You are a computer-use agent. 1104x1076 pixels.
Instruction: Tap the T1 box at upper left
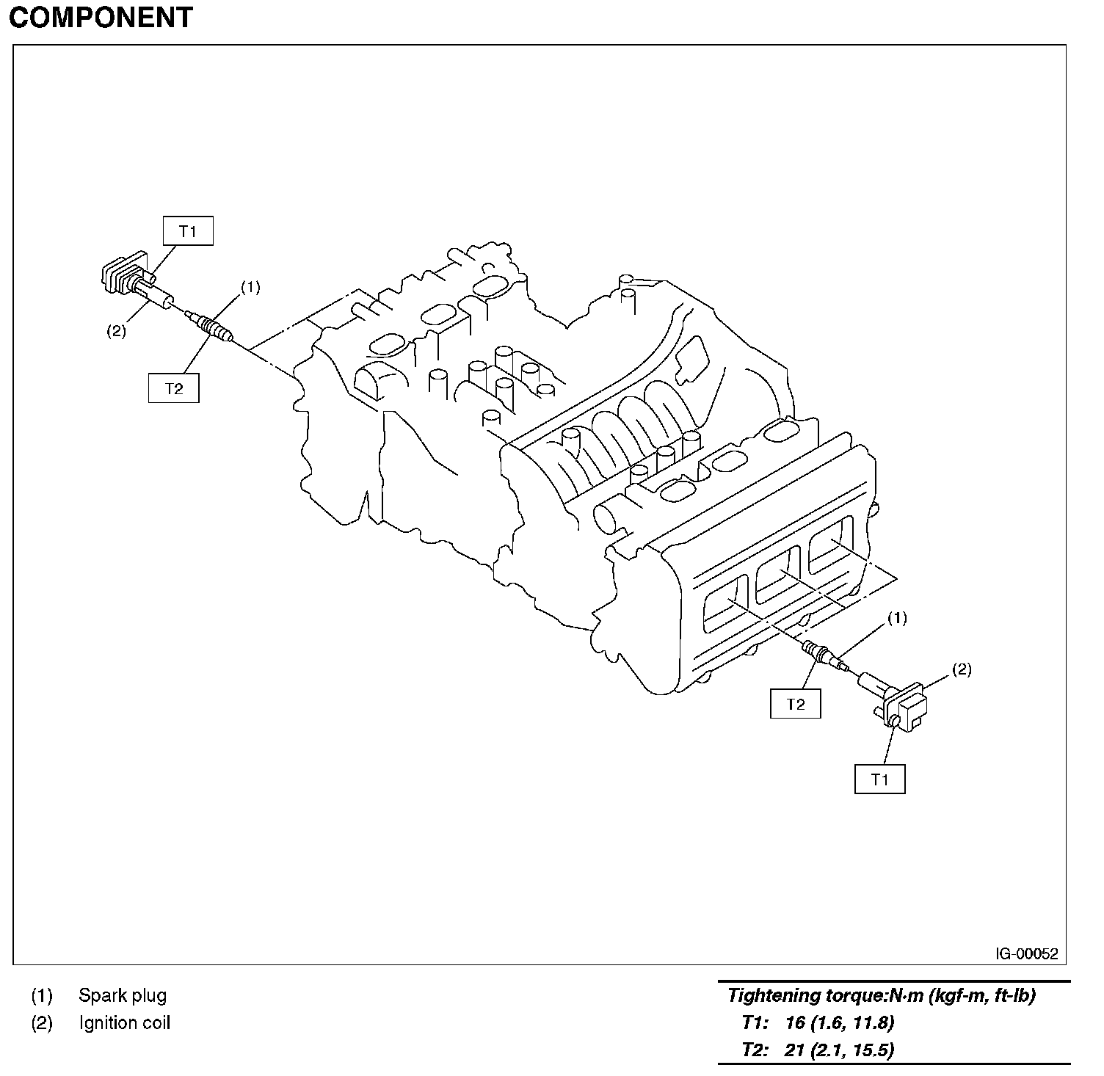pyautogui.click(x=188, y=232)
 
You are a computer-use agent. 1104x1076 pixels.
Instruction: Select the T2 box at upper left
pyautogui.click(x=174, y=388)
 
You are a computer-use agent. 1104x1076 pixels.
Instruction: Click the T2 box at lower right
pyautogui.click(x=796, y=704)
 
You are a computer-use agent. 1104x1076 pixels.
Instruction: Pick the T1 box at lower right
pyautogui.click(x=880, y=779)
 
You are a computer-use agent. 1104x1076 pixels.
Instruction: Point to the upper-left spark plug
pyautogui.click(x=211, y=325)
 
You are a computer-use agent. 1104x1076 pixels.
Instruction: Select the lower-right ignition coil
pyautogui.click(x=893, y=700)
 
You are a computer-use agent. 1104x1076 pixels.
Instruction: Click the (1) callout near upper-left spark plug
pyautogui.click(x=250, y=287)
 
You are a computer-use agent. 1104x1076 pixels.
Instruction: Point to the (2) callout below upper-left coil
pyautogui.click(x=115, y=331)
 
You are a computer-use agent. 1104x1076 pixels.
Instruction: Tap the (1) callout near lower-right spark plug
pyautogui.click(x=897, y=618)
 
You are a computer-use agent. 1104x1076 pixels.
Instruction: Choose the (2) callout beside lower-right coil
pyautogui.click(x=962, y=669)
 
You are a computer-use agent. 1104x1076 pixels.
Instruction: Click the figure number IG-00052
pyautogui.click(x=1027, y=954)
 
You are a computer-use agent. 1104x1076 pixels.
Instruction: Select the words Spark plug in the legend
pyautogui.click(x=123, y=996)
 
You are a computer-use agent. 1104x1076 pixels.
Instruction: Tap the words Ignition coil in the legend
pyautogui.click(x=125, y=1023)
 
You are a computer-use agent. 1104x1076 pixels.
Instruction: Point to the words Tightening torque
pyautogui.click(x=806, y=996)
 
